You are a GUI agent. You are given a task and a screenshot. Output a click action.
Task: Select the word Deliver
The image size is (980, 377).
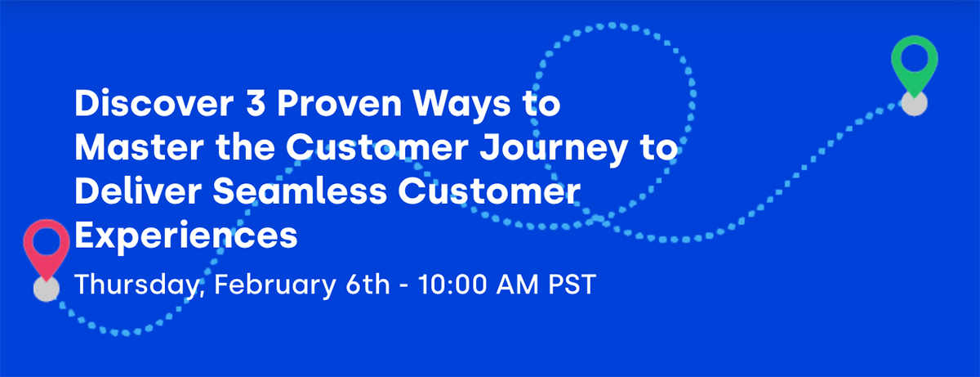[x=120, y=192]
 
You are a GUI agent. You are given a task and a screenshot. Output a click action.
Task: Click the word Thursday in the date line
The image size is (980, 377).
[x=133, y=287]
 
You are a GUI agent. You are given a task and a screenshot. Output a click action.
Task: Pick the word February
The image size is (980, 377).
[x=265, y=287]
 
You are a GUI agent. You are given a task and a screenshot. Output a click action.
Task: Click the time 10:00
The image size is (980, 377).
[x=454, y=285]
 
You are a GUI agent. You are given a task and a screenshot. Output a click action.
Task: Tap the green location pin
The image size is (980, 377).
[x=914, y=64]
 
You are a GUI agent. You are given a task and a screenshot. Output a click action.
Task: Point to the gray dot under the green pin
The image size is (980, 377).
[x=914, y=104]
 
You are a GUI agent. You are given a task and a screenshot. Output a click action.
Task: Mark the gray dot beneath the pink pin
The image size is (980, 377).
[x=47, y=289]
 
